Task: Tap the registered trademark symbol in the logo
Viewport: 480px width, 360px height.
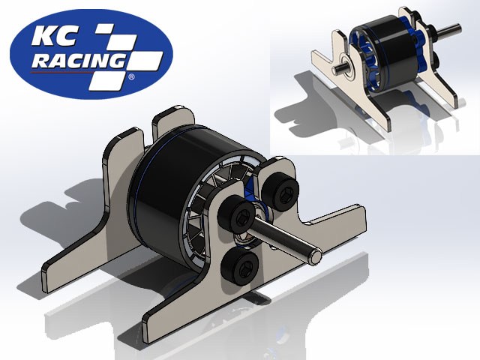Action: point(132,76)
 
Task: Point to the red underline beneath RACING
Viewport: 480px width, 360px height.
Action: point(75,73)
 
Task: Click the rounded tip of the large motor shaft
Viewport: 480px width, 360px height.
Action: point(318,255)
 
